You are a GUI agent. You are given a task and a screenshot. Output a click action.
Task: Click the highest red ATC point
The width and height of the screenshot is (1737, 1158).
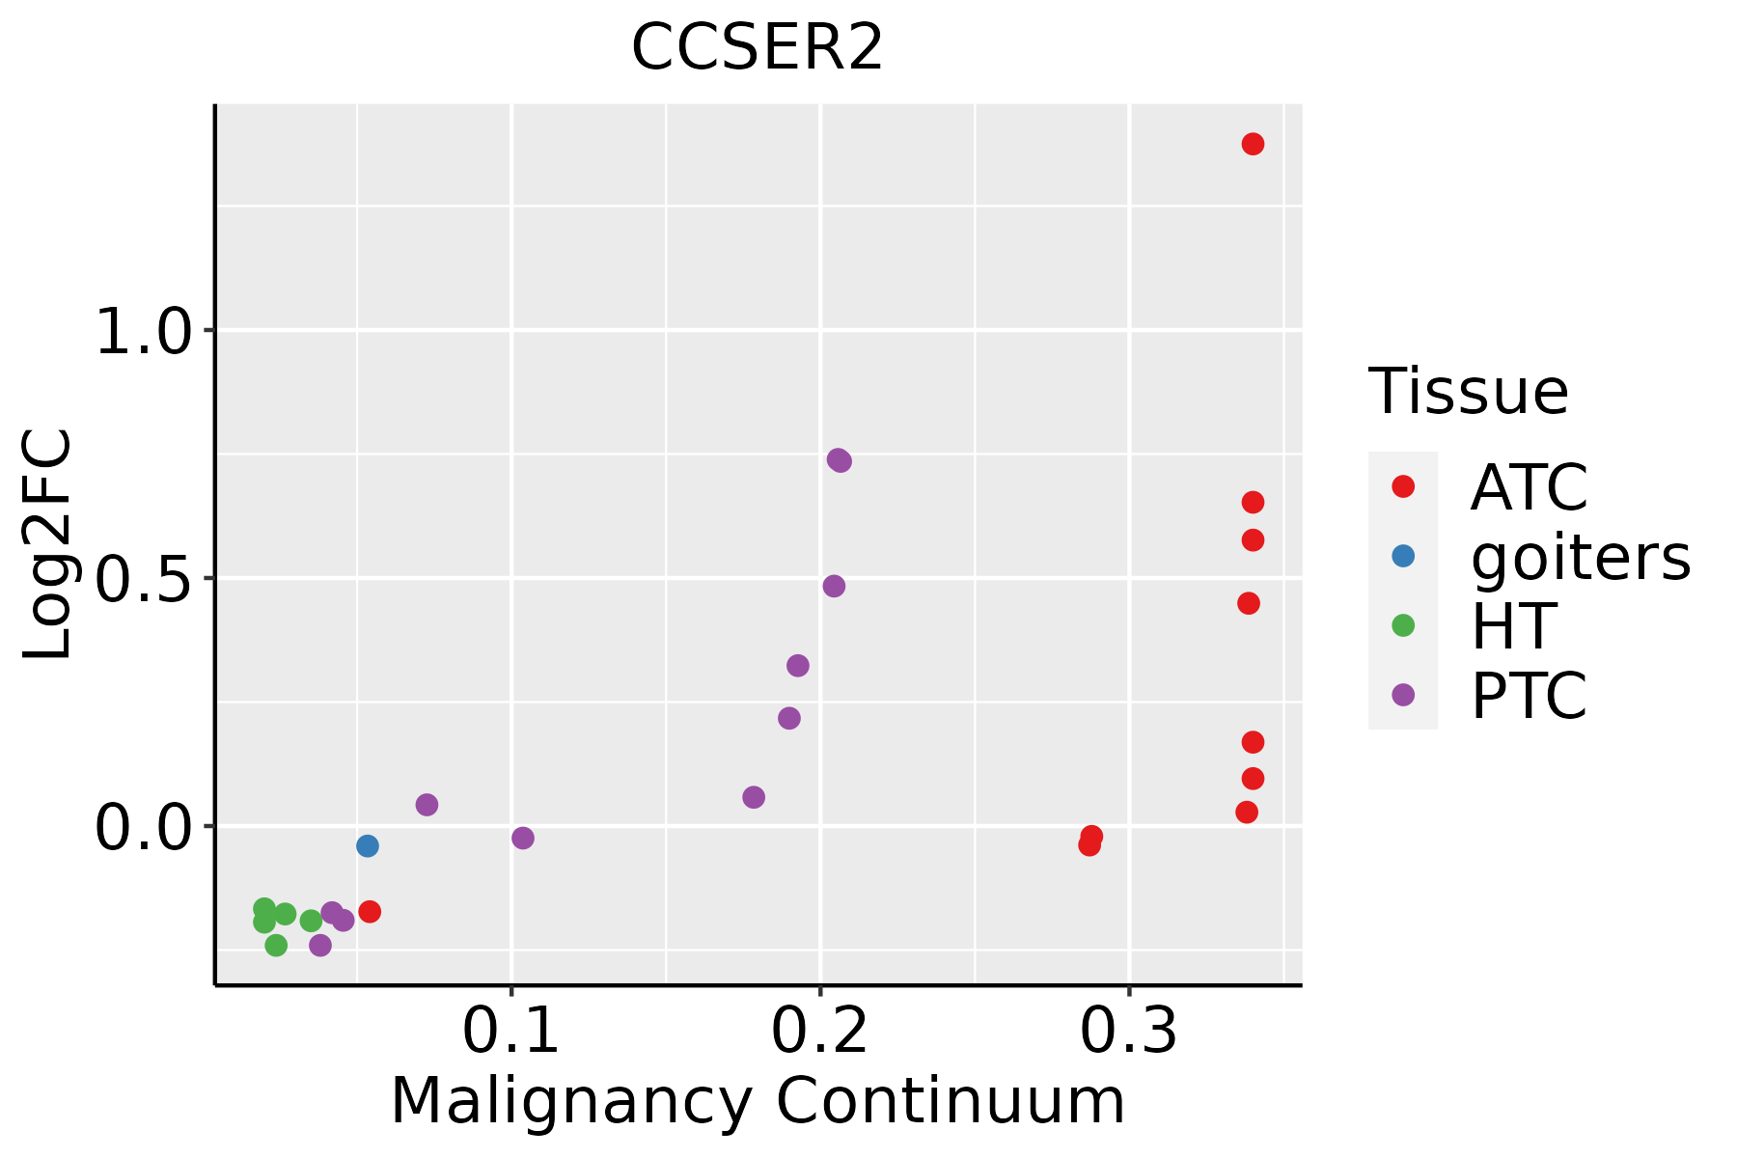1253,144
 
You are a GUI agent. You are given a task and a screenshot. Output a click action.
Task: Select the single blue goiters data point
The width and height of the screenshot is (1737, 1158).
367,845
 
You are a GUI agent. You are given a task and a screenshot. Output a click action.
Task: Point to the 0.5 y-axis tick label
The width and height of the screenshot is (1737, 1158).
146,580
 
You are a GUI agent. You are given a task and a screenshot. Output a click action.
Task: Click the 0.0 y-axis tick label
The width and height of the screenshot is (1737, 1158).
146,829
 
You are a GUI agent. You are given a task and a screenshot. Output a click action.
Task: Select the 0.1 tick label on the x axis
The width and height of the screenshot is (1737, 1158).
510,1032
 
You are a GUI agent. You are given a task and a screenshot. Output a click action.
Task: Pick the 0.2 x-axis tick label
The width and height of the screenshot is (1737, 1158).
819,1032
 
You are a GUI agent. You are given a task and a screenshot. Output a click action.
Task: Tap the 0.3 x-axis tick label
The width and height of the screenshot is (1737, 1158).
1128,1032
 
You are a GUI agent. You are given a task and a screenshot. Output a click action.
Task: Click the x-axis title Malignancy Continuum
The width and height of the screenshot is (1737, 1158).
758,1101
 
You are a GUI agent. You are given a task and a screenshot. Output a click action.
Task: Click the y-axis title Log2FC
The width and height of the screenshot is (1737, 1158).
48,545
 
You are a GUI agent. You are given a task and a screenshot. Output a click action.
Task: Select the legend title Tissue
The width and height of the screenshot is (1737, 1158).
1468,392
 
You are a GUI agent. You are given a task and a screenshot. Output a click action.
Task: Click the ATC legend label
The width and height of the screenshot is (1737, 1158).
1529,487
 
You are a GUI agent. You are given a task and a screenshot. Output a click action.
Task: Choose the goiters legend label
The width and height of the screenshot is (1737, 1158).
1580,557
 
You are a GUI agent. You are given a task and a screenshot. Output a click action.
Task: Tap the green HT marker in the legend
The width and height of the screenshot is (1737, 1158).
1403,625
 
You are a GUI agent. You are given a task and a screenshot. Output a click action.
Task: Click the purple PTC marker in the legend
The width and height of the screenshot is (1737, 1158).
1403,695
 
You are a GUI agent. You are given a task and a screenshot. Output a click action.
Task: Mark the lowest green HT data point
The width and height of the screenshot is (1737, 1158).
276,945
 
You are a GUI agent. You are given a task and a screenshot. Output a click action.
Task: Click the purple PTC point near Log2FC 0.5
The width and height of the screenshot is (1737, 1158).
834,586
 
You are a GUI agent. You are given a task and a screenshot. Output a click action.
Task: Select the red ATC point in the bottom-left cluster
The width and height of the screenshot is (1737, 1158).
370,912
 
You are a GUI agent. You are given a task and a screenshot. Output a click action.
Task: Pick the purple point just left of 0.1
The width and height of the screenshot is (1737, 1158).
427,805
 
